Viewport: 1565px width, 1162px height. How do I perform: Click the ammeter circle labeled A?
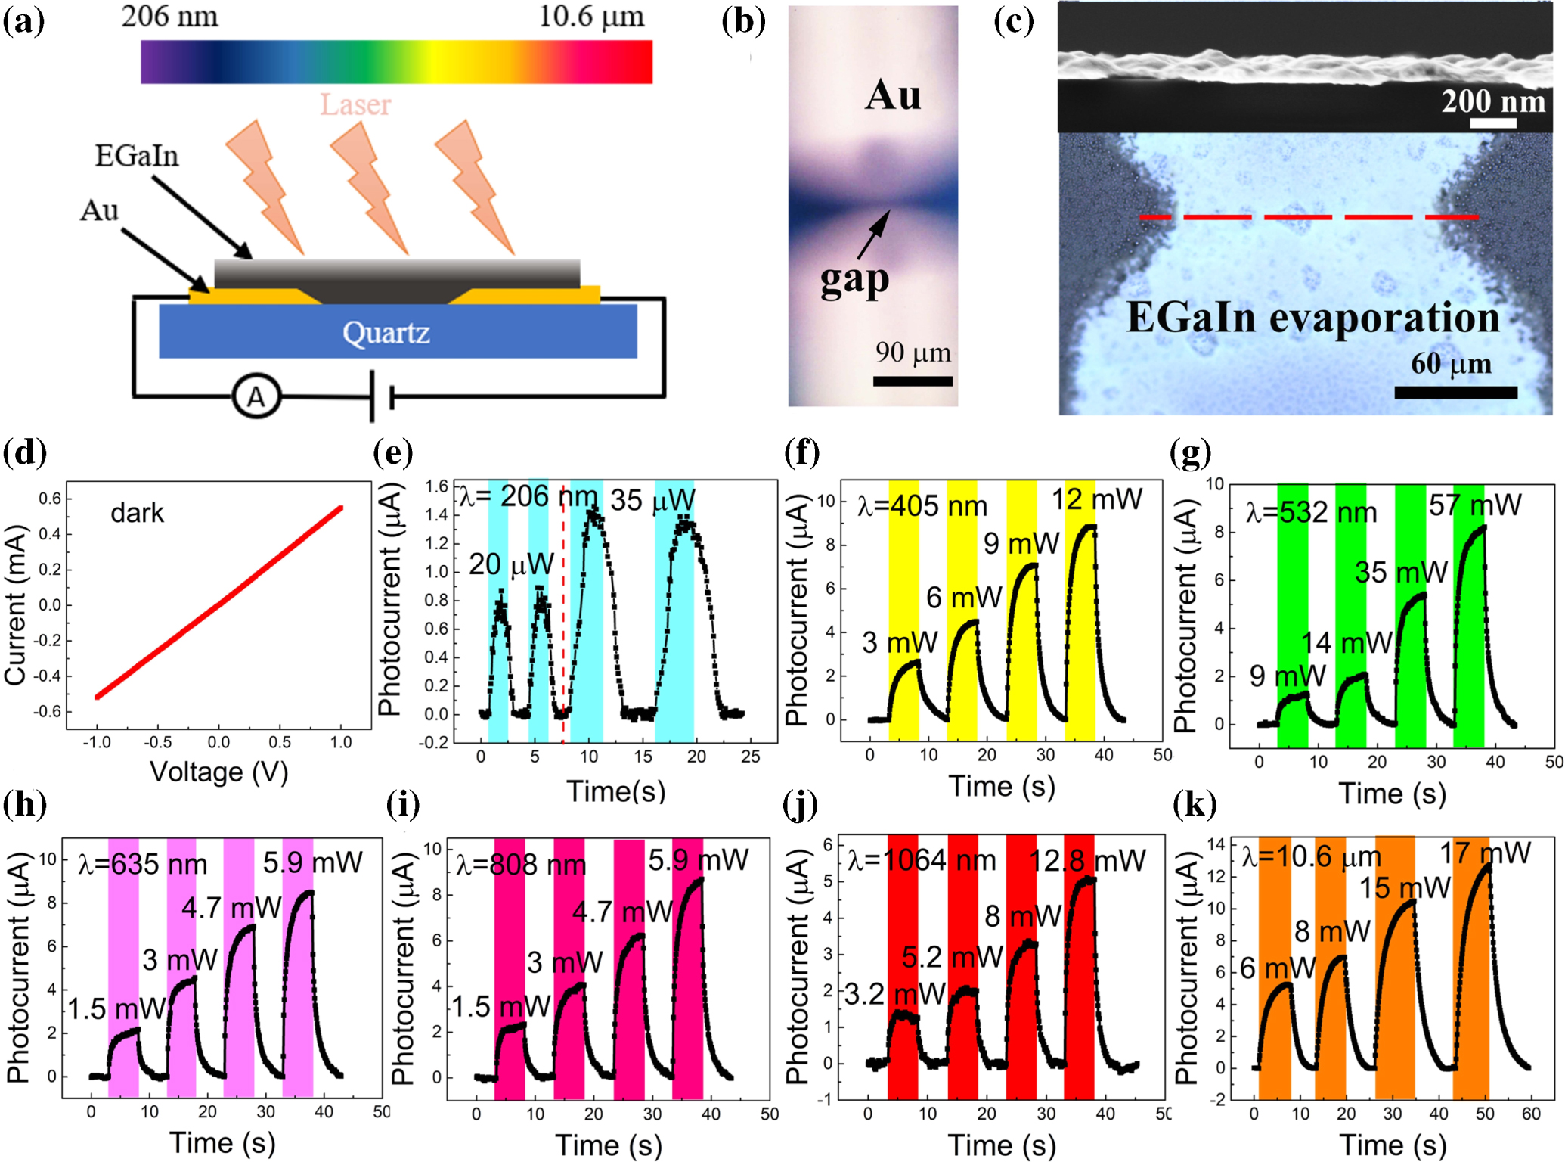256,397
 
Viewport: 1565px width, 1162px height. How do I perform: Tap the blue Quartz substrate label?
386,333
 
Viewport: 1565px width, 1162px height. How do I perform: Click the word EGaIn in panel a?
137,156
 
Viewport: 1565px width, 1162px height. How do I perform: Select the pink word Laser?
355,104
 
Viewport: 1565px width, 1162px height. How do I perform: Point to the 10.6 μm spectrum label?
591,17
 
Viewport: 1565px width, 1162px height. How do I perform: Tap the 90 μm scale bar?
913,381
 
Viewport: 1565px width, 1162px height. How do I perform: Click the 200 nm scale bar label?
1493,101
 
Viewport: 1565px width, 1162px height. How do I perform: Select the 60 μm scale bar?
1455,392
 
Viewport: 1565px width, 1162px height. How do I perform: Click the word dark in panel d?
137,513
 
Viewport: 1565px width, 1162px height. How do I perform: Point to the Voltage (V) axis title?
219,772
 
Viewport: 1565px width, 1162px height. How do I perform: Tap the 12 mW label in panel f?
1097,499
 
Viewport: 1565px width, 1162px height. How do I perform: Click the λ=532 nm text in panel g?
1311,513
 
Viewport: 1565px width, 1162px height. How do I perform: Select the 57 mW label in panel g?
1474,505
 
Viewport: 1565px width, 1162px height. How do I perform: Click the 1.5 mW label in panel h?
116,1008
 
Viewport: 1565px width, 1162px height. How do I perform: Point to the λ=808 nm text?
521,864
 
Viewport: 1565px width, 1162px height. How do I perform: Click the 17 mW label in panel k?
1485,853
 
